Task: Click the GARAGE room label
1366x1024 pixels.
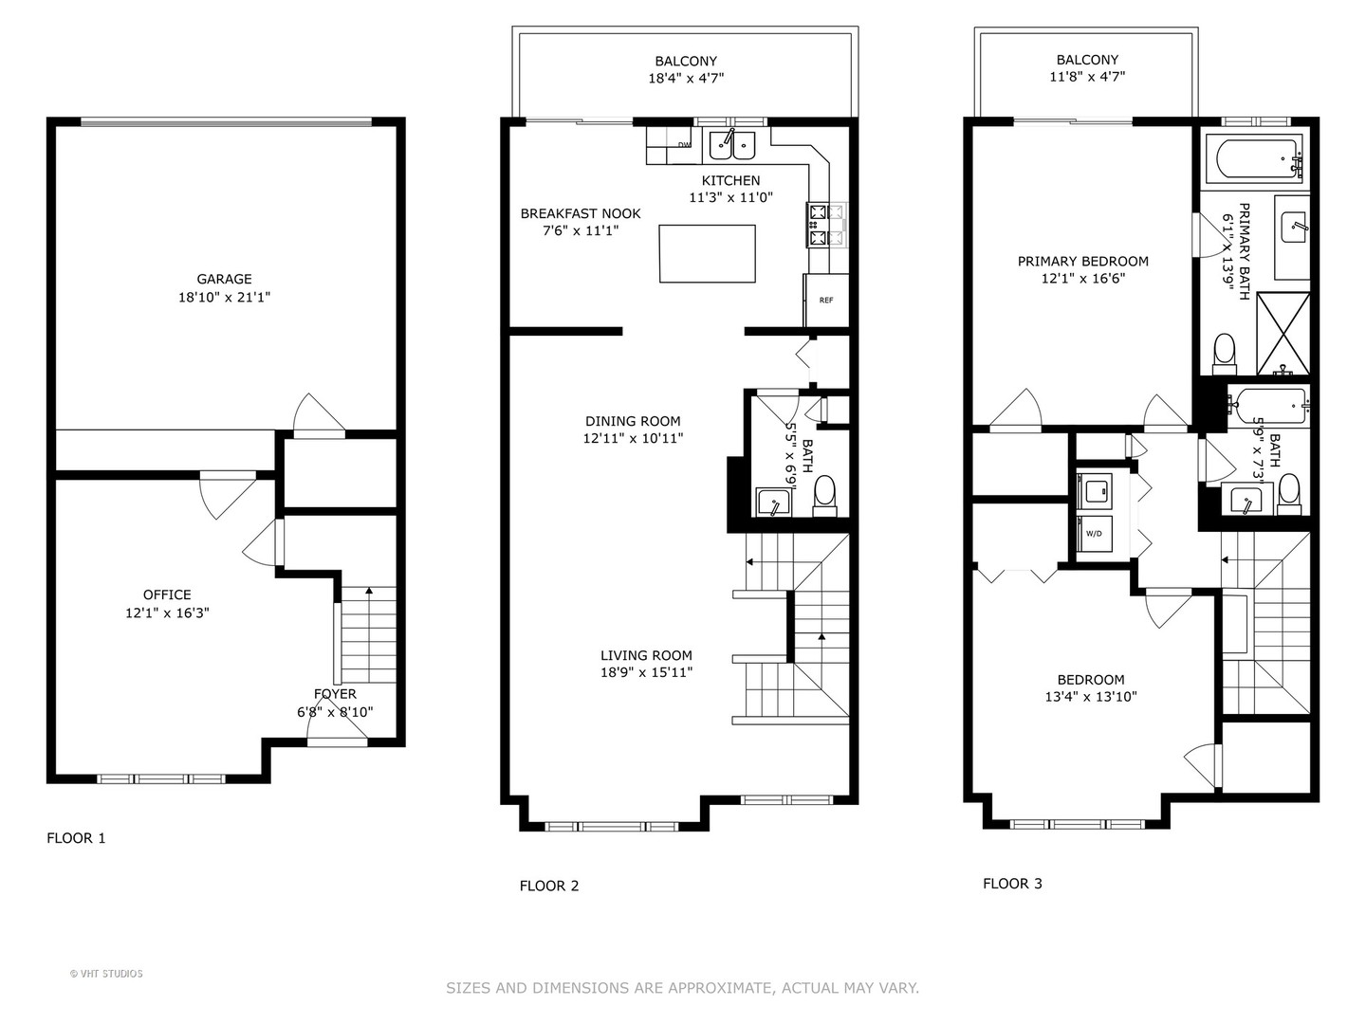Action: point(225,279)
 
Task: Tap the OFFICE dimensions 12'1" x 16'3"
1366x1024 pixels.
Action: point(167,613)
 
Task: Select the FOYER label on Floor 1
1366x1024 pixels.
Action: point(335,694)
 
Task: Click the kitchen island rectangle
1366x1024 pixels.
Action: point(708,253)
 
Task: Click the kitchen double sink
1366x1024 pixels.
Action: point(732,145)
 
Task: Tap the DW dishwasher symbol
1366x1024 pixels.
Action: point(683,145)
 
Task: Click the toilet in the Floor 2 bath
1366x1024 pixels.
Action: point(824,494)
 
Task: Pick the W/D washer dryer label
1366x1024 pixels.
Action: point(1094,534)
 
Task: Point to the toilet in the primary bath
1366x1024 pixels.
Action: point(1224,351)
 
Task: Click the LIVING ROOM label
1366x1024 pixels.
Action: point(646,655)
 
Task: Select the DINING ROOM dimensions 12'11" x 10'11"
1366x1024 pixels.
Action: point(633,438)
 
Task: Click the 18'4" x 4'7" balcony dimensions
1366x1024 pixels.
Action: point(686,79)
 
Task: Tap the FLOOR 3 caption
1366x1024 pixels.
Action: point(1012,884)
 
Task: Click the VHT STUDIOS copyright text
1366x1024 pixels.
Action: point(106,974)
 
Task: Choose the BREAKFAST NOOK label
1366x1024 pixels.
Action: point(581,213)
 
